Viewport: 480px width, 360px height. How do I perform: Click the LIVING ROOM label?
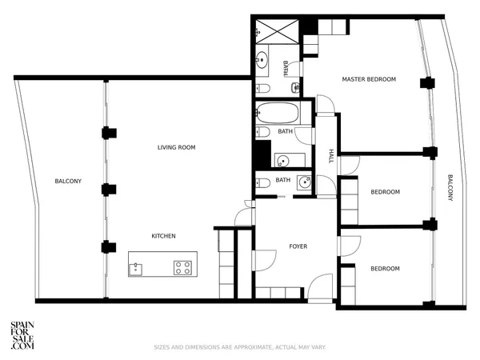tap(176, 147)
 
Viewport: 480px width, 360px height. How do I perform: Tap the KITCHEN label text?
tap(164, 236)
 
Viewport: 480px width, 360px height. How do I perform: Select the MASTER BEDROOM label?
tap(369, 79)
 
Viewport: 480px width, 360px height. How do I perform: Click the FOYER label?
tap(298, 246)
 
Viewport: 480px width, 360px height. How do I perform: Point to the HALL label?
tap(331, 156)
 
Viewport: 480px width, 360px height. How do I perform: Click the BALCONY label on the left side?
tap(68, 182)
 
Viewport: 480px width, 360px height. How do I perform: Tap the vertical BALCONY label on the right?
tap(450, 189)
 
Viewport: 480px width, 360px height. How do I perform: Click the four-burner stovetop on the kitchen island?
tap(183, 267)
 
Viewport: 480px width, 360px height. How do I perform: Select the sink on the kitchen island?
tap(137, 268)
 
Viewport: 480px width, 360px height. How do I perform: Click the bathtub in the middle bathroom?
tap(278, 113)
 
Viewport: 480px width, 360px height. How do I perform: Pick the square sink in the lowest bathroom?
tap(303, 182)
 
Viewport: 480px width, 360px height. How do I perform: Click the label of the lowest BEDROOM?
tap(385, 269)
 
